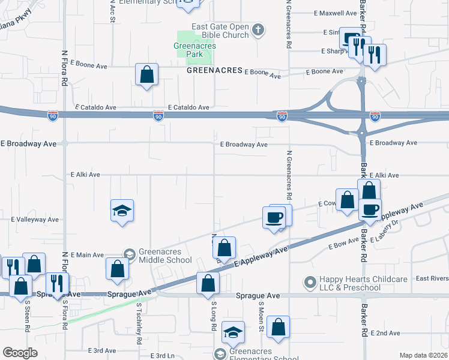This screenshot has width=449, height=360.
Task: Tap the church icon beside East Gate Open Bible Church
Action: pyautogui.click(x=258, y=29)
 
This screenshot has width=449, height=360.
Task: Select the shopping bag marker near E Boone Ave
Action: pyautogui.click(x=146, y=75)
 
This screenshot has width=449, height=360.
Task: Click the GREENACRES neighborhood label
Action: pyautogui.click(x=214, y=70)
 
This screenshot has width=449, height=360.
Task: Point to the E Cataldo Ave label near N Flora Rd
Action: pyautogui.click(x=95, y=107)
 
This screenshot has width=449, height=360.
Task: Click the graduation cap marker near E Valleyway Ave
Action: pyautogui.click(x=122, y=211)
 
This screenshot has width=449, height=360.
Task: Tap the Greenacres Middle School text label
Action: pyautogui.click(x=165, y=256)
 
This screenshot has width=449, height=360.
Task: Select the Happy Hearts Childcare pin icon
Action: pyautogui.click(x=310, y=281)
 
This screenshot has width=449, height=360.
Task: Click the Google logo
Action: pyautogui.click(x=20, y=353)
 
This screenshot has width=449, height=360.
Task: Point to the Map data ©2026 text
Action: pyautogui.click(x=424, y=355)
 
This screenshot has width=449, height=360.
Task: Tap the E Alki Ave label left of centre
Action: pyautogui.click(x=85, y=175)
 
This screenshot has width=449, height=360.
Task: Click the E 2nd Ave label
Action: pyautogui.click(x=385, y=333)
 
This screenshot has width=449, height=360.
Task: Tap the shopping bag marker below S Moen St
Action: pyautogui.click(x=279, y=327)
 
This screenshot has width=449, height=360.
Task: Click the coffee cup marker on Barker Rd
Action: pyautogui.click(x=370, y=209)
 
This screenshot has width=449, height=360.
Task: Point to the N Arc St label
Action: pyautogui.click(x=112, y=11)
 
